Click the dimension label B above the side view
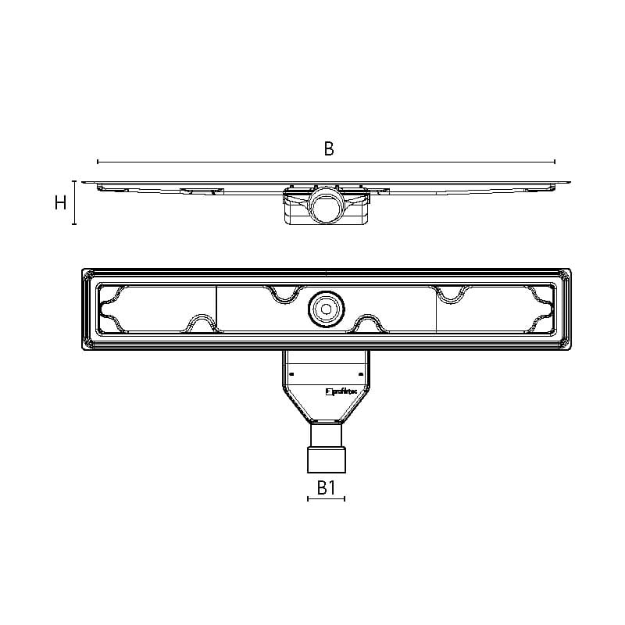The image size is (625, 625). point(329,148)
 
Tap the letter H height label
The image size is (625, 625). point(60,203)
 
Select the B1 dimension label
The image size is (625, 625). point(327,487)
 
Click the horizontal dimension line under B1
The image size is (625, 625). point(327,498)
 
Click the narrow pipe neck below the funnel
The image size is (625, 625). point(326,434)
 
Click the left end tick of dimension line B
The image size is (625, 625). point(98,162)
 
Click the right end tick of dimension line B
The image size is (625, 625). point(555,162)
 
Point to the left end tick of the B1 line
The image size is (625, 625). point(309,498)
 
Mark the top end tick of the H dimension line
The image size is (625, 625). point(74,180)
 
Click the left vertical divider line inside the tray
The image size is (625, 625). point(216,309)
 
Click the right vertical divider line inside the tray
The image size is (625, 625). point(435,309)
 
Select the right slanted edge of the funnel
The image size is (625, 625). point(357,407)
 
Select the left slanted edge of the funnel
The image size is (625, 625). point(295,407)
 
